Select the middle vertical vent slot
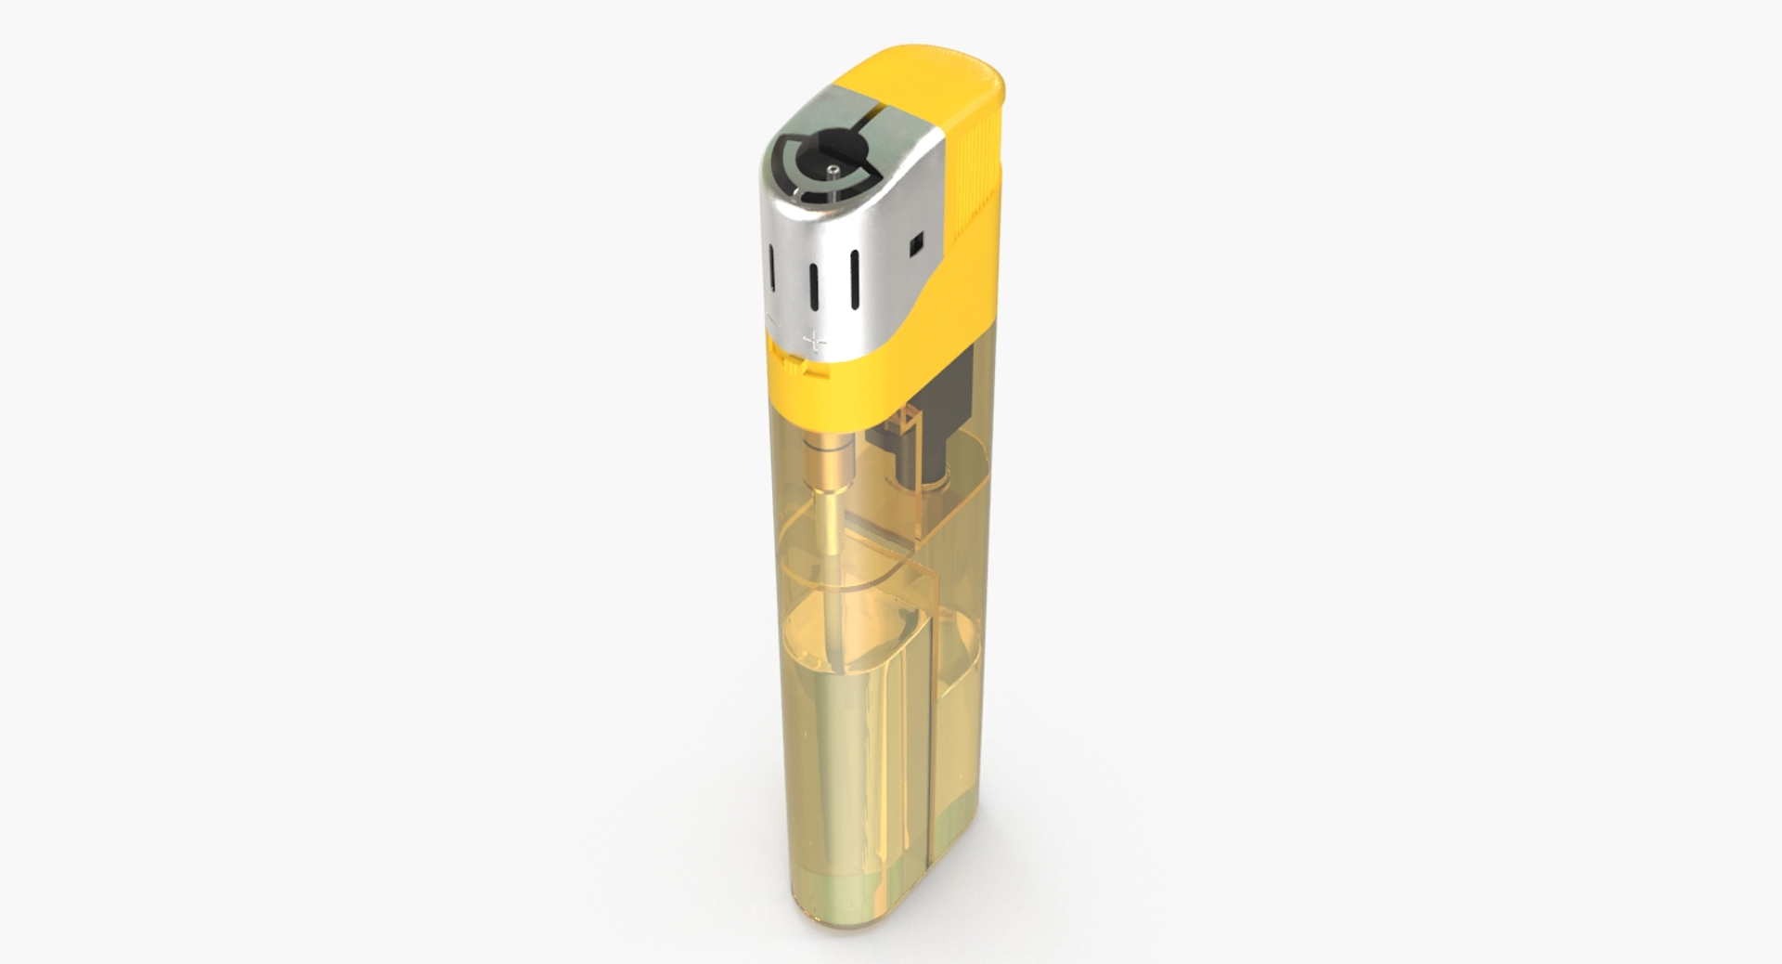point(813,290)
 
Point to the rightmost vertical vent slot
point(854,278)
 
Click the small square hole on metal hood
point(915,243)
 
